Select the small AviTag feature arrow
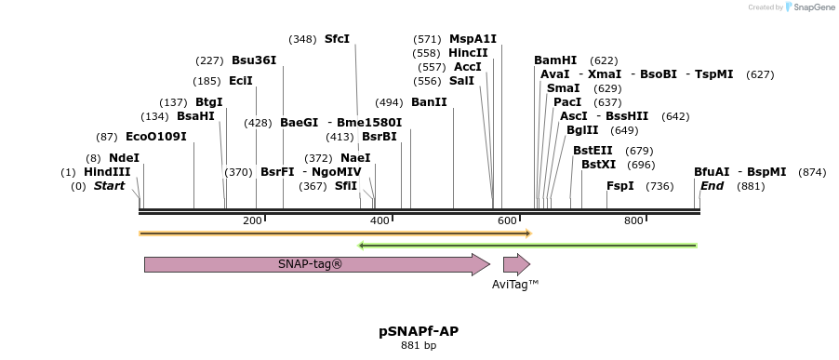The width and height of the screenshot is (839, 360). pos(515,264)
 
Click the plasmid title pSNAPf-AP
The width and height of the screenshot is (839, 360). pos(419,331)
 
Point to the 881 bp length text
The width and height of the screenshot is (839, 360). pos(419,346)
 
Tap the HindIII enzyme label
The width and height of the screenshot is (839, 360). pos(107,172)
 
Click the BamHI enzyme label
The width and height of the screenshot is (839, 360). pos(555,60)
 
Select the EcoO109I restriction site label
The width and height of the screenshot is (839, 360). pos(156,137)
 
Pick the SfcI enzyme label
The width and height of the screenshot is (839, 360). pos(337,39)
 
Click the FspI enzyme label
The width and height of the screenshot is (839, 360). pos(620,186)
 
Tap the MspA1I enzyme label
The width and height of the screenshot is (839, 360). pos(473,39)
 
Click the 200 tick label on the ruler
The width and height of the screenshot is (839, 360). pos(252,220)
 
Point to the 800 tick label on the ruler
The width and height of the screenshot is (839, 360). pos(633,220)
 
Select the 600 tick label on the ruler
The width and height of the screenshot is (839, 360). pos(507,220)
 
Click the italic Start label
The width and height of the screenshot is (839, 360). pos(109,186)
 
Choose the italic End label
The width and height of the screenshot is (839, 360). pos(712,186)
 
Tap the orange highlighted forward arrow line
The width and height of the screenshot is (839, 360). pos(335,233)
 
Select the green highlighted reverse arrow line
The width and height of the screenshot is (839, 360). pos(527,246)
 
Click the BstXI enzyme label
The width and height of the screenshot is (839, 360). pos(598,165)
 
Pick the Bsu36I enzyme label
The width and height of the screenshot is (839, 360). pos(254,60)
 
